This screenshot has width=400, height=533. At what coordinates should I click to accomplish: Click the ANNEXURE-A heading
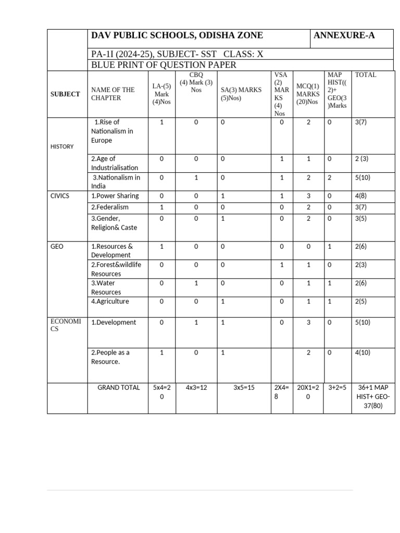[344, 36]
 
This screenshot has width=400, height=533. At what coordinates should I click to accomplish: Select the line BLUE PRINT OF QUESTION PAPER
[164, 65]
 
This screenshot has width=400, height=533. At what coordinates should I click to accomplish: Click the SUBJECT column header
[65, 94]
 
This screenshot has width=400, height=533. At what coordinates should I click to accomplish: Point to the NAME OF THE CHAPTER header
[113, 94]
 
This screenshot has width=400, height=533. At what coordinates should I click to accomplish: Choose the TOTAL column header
[366, 75]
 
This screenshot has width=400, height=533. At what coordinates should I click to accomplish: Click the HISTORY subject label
[62, 147]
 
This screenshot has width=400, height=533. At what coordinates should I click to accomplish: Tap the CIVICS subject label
[59, 196]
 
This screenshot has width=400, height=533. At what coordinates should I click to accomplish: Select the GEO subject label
[57, 246]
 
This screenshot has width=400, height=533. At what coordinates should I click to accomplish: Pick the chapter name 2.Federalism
[110, 207]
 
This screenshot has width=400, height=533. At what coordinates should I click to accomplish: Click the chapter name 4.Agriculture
[110, 301]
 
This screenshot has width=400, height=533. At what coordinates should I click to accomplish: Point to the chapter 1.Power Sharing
[115, 196]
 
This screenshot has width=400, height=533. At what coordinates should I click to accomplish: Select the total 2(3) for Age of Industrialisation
[362, 159]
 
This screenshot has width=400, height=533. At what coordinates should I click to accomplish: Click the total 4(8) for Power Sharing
[362, 196]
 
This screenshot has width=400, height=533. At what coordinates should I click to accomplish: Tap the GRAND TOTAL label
[119, 388]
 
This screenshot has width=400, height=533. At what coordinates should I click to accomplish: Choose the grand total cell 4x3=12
[196, 388]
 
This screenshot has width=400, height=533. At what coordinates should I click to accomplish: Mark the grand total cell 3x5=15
[244, 388]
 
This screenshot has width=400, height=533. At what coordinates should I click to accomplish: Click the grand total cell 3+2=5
[337, 388]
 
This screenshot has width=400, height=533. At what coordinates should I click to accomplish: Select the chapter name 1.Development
[114, 323]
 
